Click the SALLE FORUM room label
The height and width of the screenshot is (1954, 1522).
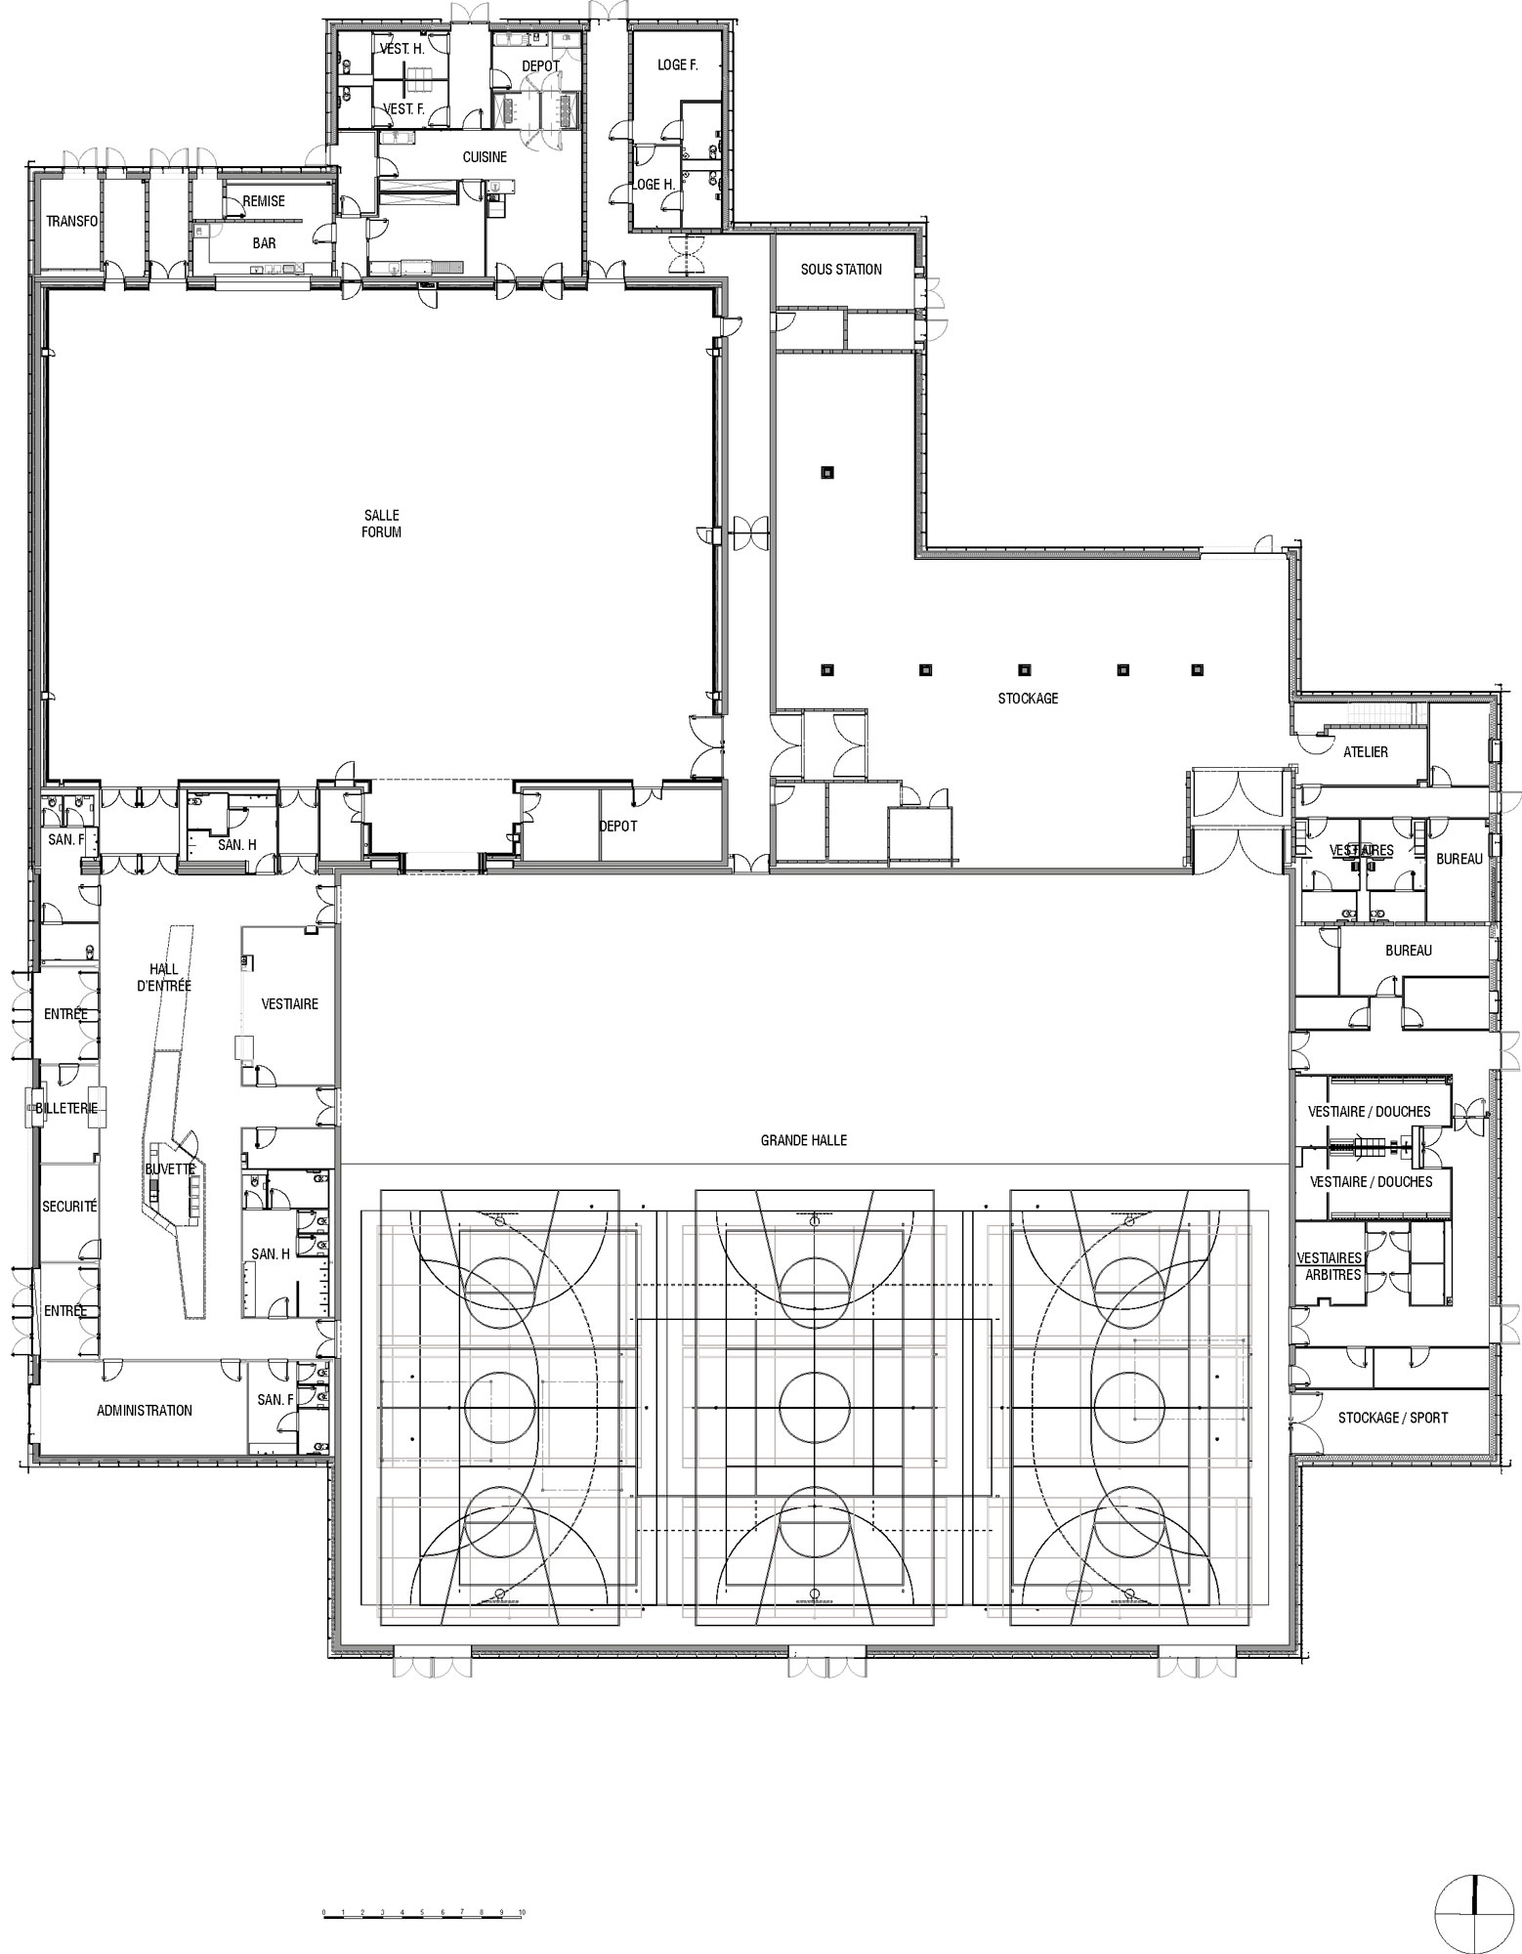381,524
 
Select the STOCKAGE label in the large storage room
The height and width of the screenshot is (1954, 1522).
1028,699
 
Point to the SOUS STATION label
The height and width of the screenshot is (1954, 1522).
841,270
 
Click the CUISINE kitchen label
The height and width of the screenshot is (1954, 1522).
485,157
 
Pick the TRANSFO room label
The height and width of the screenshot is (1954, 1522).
72,222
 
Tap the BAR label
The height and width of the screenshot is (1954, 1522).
264,243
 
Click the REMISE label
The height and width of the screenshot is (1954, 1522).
264,201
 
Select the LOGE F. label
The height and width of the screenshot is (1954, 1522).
677,65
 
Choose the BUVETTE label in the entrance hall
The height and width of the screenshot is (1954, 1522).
170,1168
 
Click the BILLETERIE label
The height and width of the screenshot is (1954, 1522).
66,1109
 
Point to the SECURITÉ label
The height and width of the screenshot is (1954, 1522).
69,1207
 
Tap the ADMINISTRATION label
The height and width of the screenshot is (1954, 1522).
145,1411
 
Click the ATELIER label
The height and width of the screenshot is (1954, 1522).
1366,752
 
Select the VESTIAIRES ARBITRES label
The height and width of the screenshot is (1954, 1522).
1329,1266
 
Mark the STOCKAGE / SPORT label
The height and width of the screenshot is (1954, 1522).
1393,1418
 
